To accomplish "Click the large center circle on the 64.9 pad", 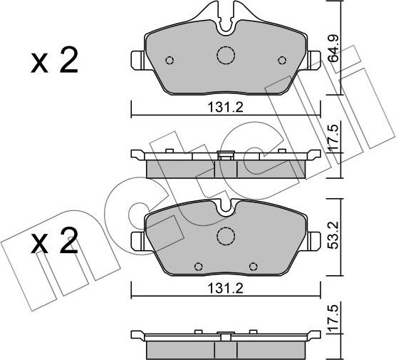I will click(226, 55).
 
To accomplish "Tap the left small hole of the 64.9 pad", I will click(170, 60).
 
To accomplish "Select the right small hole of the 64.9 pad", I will click(282, 60).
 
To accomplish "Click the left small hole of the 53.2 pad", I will click(197, 266).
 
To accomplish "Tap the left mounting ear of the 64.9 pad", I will click(137, 61).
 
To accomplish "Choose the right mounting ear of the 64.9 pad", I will click(314, 61).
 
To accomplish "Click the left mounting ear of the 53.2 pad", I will click(137, 240).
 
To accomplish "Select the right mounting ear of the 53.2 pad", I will click(314, 240).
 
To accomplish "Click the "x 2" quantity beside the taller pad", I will click(53, 63).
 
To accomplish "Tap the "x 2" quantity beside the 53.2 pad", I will click(53, 245).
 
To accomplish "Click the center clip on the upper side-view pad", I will click(226, 155).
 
